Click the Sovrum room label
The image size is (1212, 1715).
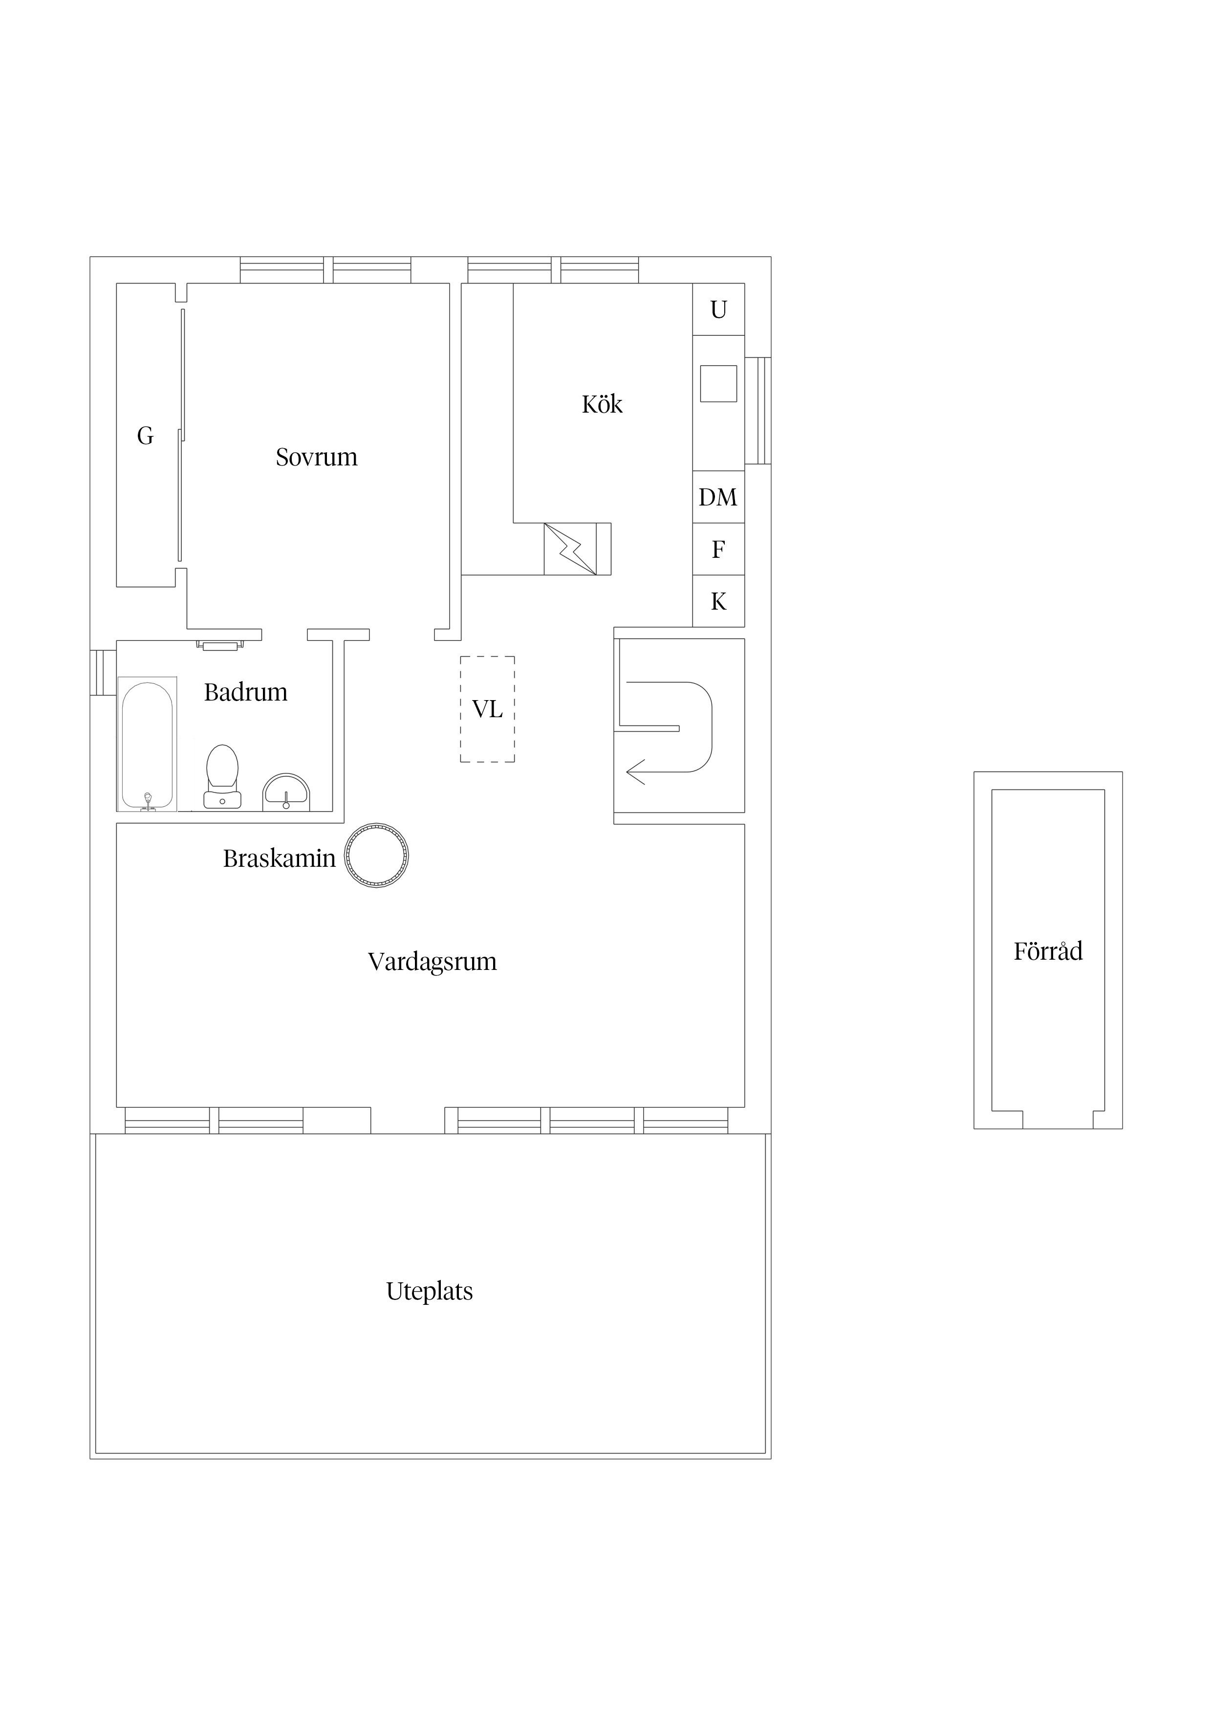pyautogui.click(x=317, y=457)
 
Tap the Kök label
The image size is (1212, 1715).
pyautogui.click(x=602, y=404)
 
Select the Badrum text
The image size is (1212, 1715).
pyautogui.click(x=246, y=692)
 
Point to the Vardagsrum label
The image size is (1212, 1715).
pyautogui.click(x=433, y=961)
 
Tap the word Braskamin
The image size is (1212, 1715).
pyautogui.click(x=279, y=858)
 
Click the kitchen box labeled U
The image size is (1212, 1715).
pyautogui.click(x=718, y=309)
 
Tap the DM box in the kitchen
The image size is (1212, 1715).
pyautogui.click(x=718, y=497)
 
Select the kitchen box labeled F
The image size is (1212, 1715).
pyautogui.click(x=718, y=549)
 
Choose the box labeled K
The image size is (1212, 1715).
pyautogui.click(x=718, y=601)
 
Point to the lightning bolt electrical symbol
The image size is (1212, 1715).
pyautogui.click(x=570, y=549)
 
